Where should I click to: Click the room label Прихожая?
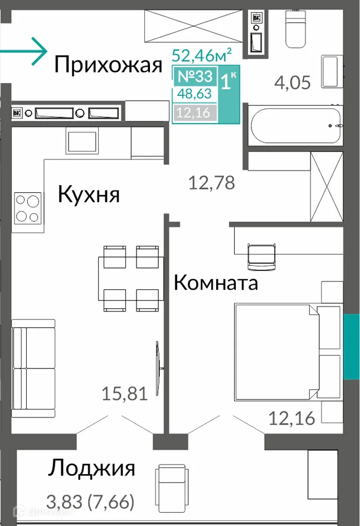pos(108,65)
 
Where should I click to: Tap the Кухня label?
pos(89,194)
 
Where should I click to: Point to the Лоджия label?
pos(92,467)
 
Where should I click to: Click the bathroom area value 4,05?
pos(292,82)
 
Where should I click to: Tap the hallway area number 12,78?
pos(211,182)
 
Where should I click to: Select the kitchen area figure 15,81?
pos(124,394)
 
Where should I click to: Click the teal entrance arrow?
pos(25,51)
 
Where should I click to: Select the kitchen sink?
pos(82,140)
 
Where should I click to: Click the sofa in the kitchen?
pos(34,368)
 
